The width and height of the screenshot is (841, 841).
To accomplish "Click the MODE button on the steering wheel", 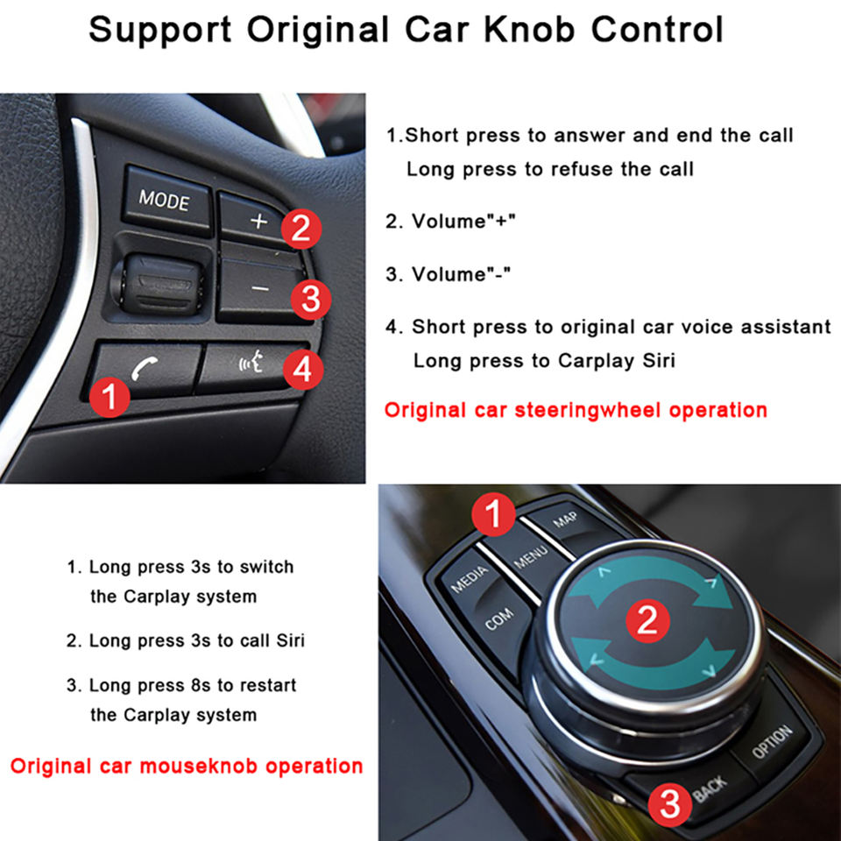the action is pyautogui.click(x=167, y=201).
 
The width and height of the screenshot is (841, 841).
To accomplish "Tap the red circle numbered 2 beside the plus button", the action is pyautogui.click(x=300, y=229).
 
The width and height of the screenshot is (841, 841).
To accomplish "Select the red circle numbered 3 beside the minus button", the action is pyautogui.click(x=310, y=299).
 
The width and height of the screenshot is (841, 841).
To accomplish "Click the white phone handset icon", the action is pyautogui.click(x=145, y=368).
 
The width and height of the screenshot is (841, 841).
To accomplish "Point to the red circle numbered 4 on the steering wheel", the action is pyautogui.click(x=303, y=369).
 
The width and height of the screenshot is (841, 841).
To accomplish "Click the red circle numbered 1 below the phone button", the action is pyautogui.click(x=110, y=397).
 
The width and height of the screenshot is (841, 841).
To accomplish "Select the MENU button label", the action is pyautogui.click(x=531, y=557).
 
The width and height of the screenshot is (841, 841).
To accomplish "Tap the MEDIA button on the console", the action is pyautogui.click(x=470, y=579).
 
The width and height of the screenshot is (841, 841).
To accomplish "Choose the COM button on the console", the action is pyautogui.click(x=499, y=620).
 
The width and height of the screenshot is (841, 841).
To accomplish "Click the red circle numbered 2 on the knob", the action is pyautogui.click(x=647, y=620).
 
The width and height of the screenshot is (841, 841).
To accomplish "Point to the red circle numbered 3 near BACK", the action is pyautogui.click(x=670, y=804).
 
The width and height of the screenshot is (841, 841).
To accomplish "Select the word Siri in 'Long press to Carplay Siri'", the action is pyautogui.click(x=659, y=360).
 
